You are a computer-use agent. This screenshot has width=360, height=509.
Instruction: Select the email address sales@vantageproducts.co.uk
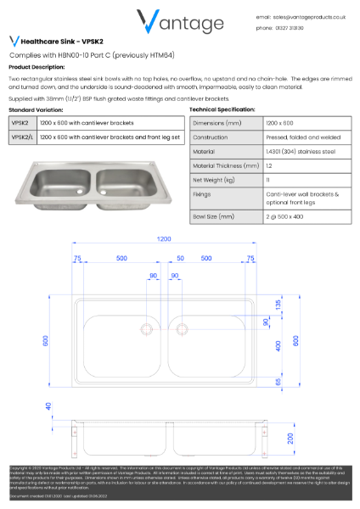[303, 15]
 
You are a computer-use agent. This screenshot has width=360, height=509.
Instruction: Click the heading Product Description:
[37, 66]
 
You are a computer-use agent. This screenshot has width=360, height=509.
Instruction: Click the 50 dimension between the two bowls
[180, 257]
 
